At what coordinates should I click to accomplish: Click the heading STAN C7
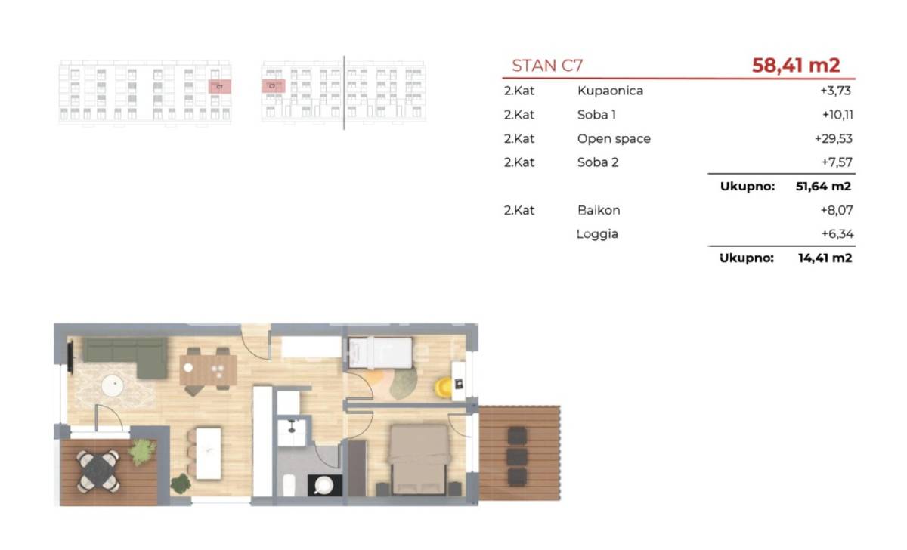tap(547, 66)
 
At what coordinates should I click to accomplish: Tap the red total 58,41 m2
tap(796, 65)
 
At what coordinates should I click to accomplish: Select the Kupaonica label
tap(610, 91)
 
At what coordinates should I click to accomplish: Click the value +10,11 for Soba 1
tap(837, 115)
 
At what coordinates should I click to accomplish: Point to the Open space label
tap(614, 139)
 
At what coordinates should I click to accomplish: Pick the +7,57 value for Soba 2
tap(837, 162)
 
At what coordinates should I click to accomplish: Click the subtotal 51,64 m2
tap(823, 186)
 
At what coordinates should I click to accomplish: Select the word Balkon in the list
tap(599, 210)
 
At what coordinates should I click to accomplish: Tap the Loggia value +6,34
tap(837, 234)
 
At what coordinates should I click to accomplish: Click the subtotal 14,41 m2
tap(825, 258)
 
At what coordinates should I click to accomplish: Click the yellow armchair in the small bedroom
tap(443, 387)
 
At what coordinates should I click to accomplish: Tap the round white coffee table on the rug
tap(112, 385)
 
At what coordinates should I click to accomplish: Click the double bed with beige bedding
tap(419, 459)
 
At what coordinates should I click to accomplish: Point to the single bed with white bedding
tap(380, 354)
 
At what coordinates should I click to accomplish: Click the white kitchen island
tap(209, 454)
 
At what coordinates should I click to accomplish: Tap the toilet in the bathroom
tap(289, 485)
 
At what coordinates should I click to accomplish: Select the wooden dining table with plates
tap(208, 370)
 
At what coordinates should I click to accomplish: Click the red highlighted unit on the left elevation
tap(219, 87)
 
